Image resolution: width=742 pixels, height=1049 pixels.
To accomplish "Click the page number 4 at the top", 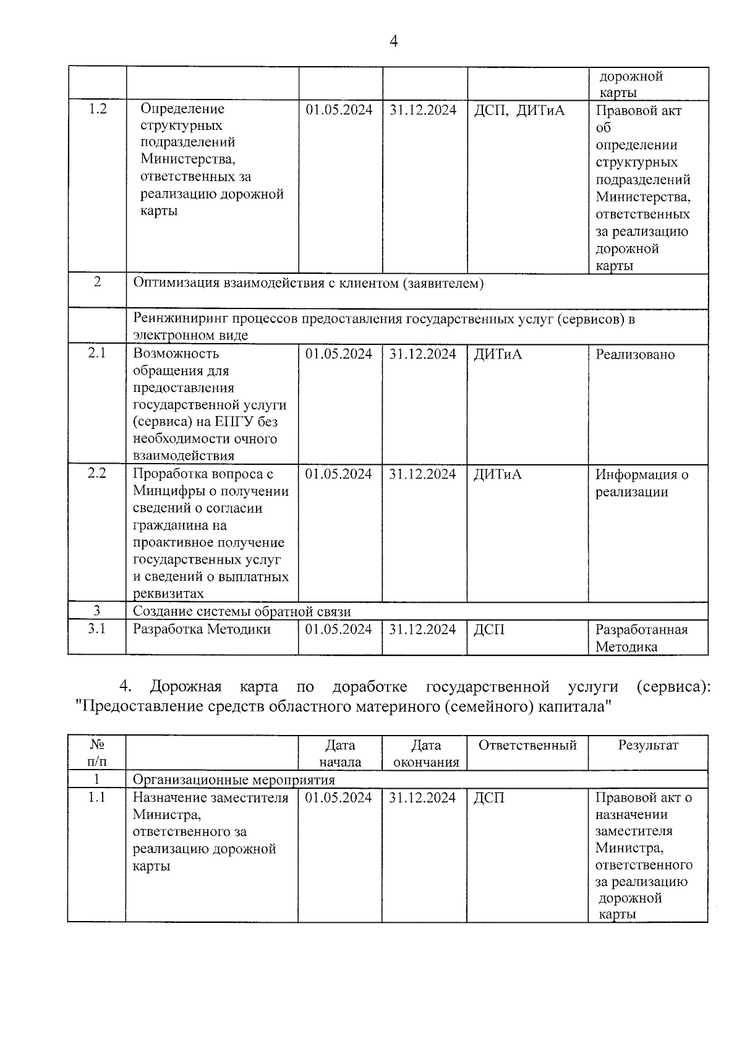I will (x=394, y=41).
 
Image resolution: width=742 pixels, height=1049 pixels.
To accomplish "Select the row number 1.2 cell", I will (x=98, y=109).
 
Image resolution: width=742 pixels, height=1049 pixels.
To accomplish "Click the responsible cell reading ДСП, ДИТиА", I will (x=519, y=111).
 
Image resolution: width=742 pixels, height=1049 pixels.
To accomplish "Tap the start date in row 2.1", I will (x=339, y=354).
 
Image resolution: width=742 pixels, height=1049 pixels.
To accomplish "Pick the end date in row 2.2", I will (x=423, y=474).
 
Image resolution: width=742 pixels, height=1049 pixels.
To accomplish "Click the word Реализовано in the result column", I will (x=635, y=355).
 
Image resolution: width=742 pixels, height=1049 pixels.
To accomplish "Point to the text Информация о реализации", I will (x=641, y=483).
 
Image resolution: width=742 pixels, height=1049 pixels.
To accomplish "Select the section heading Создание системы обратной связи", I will (x=242, y=612).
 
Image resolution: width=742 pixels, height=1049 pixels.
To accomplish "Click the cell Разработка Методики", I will (x=202, y=629).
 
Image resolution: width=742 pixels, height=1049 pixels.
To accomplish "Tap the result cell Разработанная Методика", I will (x=641, y=638).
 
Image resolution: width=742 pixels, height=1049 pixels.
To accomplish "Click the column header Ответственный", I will (x=527, y=745).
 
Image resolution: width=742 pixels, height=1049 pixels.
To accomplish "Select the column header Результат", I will (x=648, y=745).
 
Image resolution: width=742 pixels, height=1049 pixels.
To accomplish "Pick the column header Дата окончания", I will (x=425, y=754).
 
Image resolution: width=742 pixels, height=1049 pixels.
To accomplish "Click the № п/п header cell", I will (x=97, y=754).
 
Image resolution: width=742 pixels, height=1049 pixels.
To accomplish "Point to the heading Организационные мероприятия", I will (x=234, y=780).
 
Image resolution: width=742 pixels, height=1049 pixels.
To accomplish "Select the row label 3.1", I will (x=97, y=629).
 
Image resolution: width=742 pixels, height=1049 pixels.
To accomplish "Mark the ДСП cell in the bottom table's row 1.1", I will (x=488, y=798).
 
